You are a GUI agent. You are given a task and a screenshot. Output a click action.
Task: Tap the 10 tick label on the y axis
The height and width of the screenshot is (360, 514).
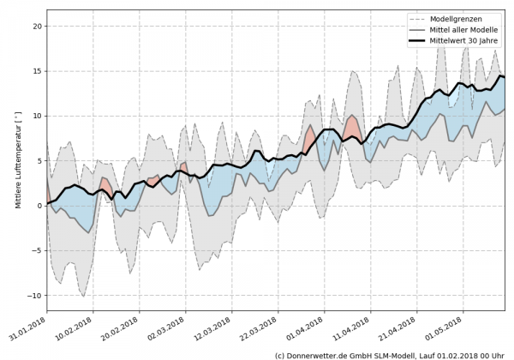[37, 116]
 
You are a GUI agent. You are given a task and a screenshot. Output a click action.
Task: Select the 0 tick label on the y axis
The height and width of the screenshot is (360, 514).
[39, 206]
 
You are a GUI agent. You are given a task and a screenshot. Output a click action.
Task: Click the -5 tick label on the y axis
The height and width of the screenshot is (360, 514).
[37, 250]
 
